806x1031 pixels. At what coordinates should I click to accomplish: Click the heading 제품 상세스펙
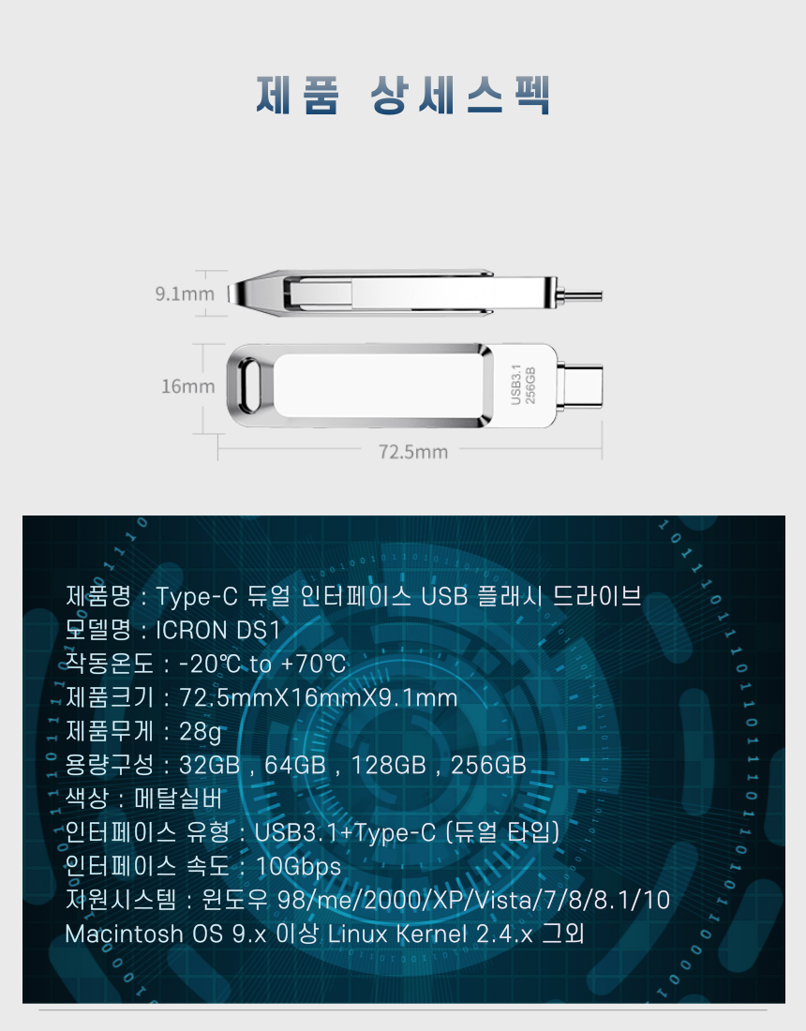[403, 95]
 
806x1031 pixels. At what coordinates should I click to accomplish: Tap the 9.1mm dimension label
[185, 294]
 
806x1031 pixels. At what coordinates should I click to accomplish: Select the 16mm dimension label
[188, 386]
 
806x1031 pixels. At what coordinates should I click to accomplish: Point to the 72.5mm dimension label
[413, 452]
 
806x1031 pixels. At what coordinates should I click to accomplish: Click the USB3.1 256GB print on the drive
[523, 385]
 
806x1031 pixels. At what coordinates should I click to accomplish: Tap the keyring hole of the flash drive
[250, 385]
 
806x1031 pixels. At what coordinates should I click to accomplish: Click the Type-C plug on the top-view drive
[579, 386]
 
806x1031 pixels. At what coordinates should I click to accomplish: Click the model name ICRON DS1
[217, 630]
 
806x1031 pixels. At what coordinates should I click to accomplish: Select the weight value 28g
[200, 732]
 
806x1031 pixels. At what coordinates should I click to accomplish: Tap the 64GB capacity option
[295, 766]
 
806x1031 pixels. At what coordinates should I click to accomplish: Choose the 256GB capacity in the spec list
[488, 766]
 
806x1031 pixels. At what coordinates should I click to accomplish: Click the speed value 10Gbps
[298, 867]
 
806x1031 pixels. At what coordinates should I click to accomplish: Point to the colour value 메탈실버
[179, 799]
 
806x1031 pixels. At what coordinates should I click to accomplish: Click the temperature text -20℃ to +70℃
[262, 665]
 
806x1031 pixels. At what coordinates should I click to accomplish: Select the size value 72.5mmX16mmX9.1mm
[319, 697]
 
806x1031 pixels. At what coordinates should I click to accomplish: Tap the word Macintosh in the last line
[125, 934]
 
